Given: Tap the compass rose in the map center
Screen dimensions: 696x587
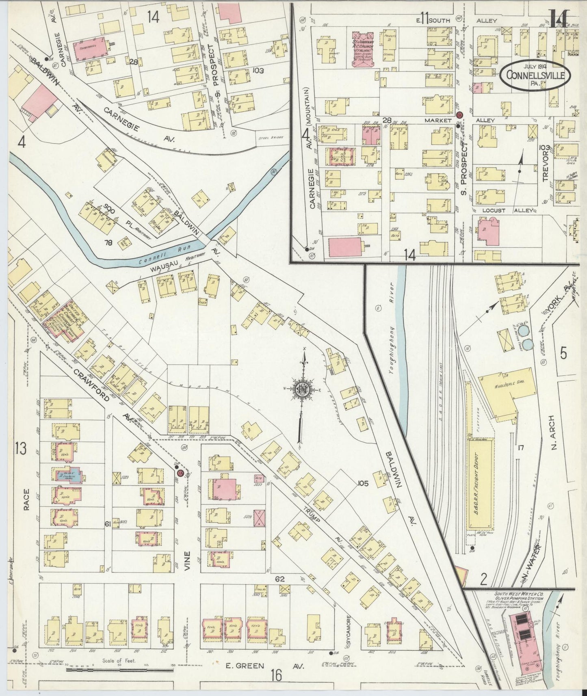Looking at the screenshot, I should pyautogui.click(x=303, y=388).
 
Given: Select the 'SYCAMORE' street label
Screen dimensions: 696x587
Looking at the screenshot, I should pyautogui.click(x=348, y=632).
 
